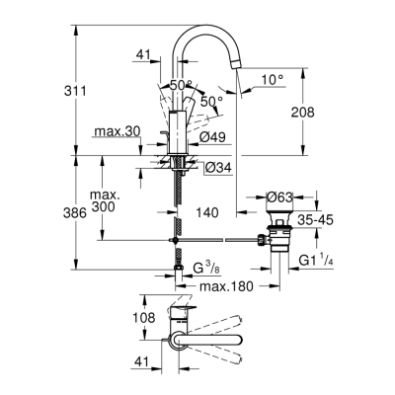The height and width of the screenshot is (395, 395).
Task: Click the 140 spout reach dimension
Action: (x=206, y=210)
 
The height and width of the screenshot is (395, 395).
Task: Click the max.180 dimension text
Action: (x=226, y=285)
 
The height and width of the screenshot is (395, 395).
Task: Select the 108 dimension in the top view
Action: (x=145, y=319)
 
